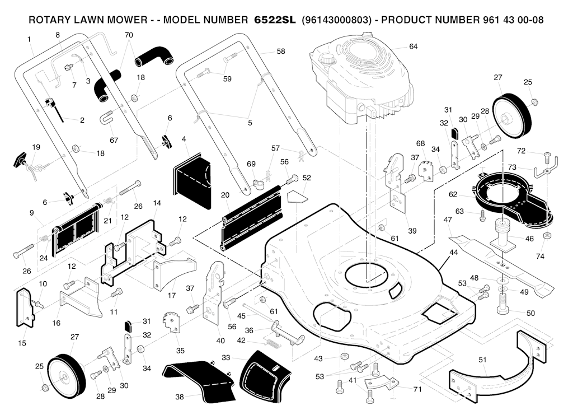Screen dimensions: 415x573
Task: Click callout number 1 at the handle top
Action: (29, 39)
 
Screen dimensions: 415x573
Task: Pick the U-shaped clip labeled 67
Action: (106, 118)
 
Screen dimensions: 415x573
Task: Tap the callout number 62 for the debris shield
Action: (453, 195)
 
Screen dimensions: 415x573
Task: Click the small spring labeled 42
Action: (271, 340)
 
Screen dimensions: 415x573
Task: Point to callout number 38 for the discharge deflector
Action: (179, 397)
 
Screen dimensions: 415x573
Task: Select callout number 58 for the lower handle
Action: (280, 52)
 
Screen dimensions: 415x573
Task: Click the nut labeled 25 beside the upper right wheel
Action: (535, 102)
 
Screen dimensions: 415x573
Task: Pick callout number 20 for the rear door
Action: (225, 195)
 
